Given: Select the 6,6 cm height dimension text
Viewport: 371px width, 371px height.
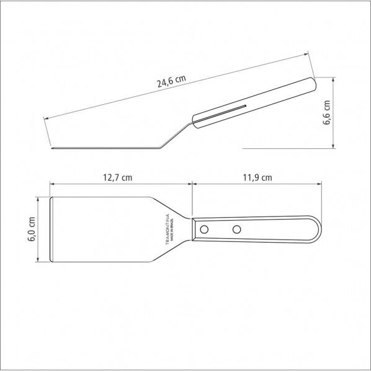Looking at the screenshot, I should pyautogui.click(x=328, y=114).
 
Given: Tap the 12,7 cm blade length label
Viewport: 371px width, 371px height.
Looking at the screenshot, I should pyautogui.click(x=117, y=177).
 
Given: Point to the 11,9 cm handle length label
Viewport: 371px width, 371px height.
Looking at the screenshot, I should pyautogui.click(x=257, y=177).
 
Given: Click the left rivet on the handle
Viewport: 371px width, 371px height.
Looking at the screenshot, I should pyautogui.click(x=203, y=230).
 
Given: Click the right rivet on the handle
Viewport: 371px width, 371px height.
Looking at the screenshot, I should pyautogui.click(x=236, y=230).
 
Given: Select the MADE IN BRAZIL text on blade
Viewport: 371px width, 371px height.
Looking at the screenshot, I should pyautogui.click(x=164, y=230).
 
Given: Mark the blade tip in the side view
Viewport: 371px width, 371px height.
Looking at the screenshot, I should pyautogui.click(x=52, y=148).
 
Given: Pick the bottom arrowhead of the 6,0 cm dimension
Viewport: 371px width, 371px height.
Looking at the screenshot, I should pyautogui.click(x=40, y=261).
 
